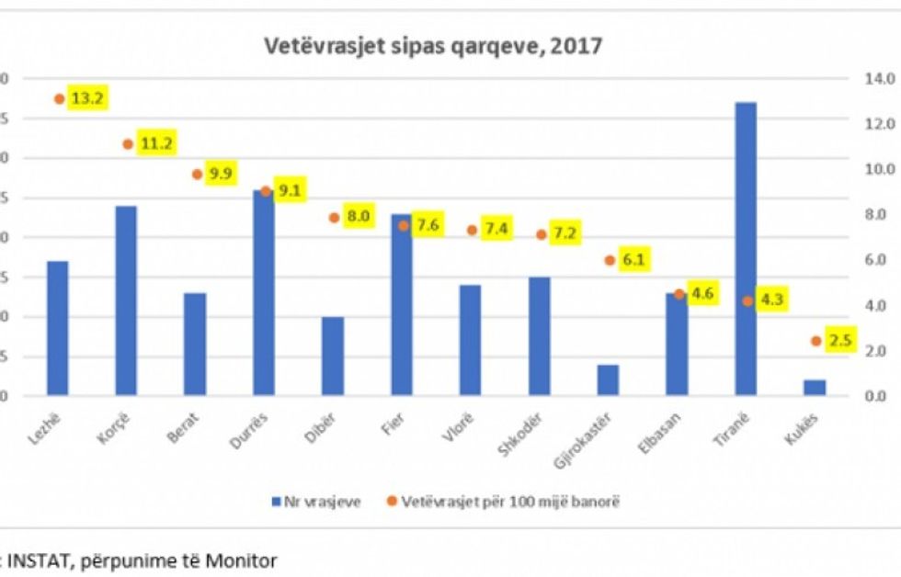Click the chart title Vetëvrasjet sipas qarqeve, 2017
(433, 45)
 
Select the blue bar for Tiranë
(746, 248)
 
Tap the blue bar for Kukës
(815, 388)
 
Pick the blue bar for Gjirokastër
(608, 380)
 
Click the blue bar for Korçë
(126, 300)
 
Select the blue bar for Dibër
(332, 356)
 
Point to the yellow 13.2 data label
(87, 98)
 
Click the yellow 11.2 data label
(156, 143)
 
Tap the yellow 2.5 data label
(839, 341)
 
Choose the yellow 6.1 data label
(634, 260)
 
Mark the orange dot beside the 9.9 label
(197, 175)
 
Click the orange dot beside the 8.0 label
(334, 218)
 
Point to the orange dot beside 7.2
(542, 234)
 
